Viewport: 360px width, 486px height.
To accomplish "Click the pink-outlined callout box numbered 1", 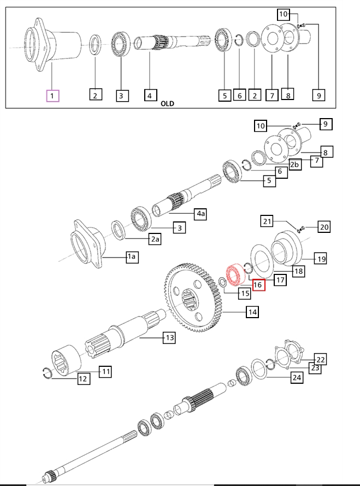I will pos(52,96).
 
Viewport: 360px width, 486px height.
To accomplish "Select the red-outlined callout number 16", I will pos(258,284).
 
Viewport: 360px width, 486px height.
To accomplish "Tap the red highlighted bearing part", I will pos(234,274).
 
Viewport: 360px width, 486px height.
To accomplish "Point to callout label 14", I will pos(252,312).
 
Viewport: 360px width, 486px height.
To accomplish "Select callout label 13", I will pos(169,338).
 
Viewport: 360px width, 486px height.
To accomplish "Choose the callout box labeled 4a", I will pos(200,213).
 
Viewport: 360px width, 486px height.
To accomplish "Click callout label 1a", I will pos(132,257).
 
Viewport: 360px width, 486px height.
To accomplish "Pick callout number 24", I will pos(296,377).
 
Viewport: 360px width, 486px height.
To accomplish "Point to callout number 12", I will pos(83,378).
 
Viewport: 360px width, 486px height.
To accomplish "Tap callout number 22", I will pos(321,359).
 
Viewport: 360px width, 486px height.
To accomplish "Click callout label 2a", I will pos(156,238).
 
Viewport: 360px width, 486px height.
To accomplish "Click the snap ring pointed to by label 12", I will pos(49,373).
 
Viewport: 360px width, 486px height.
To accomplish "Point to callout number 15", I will pos(244,293).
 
